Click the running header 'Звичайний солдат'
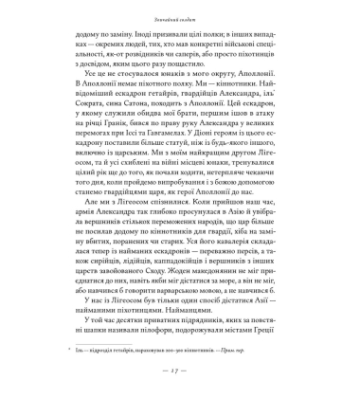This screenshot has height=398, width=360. tap(180, 17)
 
